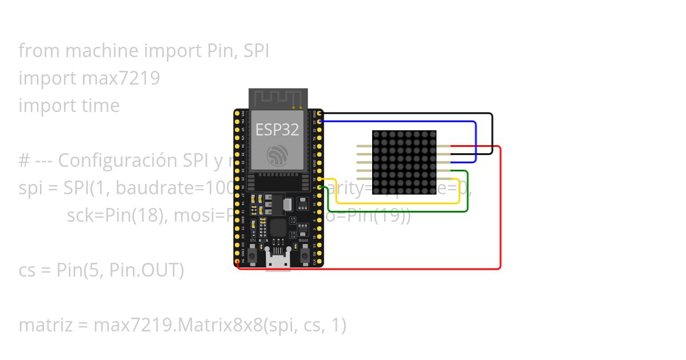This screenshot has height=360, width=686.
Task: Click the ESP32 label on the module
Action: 277,130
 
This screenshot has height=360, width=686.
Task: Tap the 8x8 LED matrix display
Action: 404,162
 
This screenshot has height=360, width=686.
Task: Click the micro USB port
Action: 278,261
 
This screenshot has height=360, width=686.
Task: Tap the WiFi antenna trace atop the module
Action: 278,98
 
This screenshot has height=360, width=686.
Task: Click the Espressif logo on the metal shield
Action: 278,154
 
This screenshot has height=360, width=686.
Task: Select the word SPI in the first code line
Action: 256,51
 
